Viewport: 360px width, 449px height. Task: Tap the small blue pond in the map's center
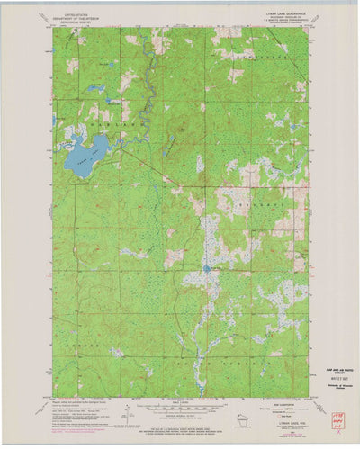tap(207, 267)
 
